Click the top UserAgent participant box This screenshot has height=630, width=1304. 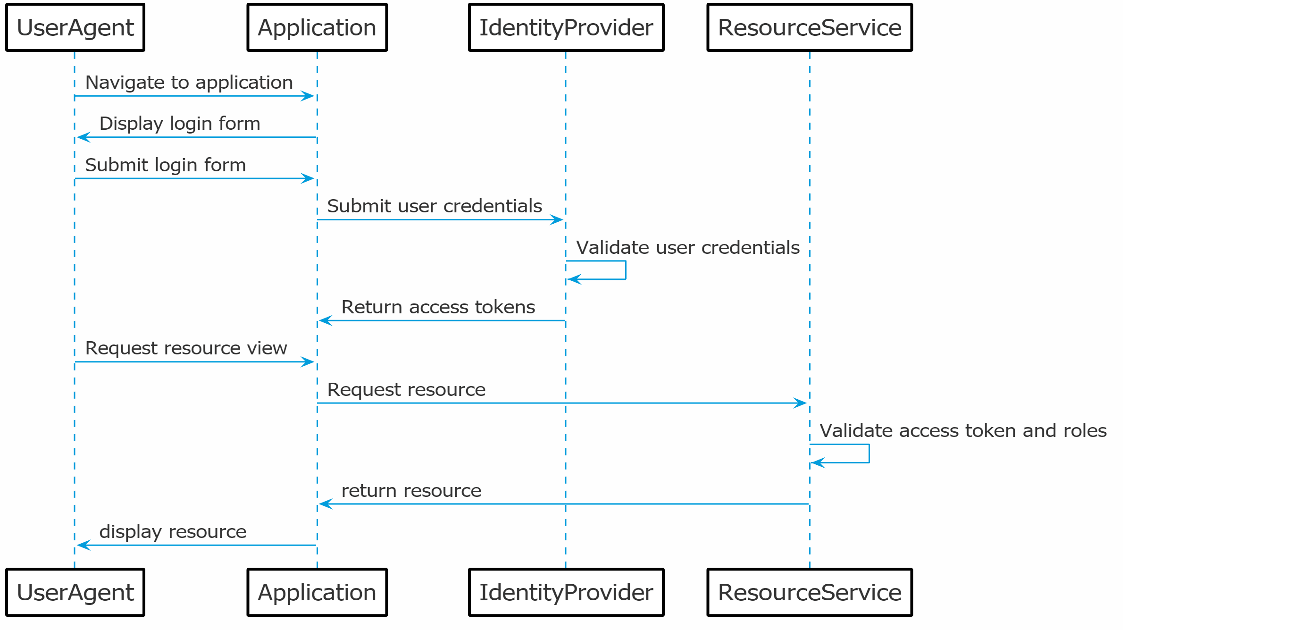click(x=75, y=27)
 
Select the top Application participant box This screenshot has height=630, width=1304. click(x=317, y=27)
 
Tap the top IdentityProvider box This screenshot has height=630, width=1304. click(x=566, y=27)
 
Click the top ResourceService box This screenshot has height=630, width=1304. click(x=810, y=27)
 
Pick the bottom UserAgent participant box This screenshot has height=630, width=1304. click(x=75, y=592)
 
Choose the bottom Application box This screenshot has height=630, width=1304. click(x=317, y=592)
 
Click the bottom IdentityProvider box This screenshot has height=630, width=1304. click(x=566, y=592)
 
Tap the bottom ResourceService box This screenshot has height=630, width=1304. click(x=810, y=592)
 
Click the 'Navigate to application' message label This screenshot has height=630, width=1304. click(x=189, y=82)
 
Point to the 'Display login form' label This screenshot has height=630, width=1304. click(x=180, y=124)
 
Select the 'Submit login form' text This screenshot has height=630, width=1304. click(x=166, y=165)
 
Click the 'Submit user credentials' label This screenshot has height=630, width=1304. click(x=435, y=206)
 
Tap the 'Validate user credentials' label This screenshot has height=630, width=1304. click(x=687, y=248)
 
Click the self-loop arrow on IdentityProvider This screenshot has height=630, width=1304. click(x=625, y=270)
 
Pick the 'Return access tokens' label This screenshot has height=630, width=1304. click(x=438, y=307)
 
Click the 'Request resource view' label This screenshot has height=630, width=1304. click(x=186, y=348)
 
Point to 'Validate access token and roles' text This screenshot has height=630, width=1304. click(x=963, y=431)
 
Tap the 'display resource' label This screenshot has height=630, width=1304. click(x=173, y=532)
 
